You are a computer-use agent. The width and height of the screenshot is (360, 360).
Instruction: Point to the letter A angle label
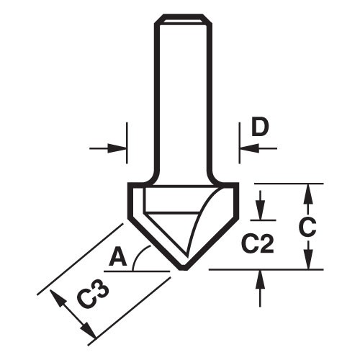(119, 257)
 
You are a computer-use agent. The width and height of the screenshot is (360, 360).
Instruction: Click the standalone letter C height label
(308, 227)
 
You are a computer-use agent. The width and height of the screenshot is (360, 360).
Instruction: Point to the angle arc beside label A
(144, 255)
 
